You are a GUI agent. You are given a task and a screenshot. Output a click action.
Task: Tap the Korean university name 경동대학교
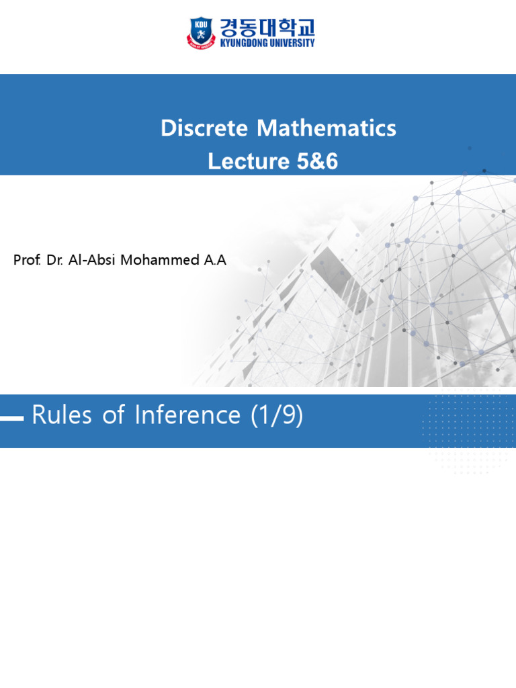click(x=265, y=28)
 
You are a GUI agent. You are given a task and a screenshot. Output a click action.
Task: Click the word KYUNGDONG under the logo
click(x=243, y=43)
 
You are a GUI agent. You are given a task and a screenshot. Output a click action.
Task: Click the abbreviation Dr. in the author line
click(x=56, y=261)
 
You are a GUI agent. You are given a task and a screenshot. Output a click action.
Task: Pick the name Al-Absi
click(x=93, y=261)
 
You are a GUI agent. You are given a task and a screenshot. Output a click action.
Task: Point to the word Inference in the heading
click(x=187, y=416)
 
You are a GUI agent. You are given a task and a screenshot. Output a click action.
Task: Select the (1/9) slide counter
click(x=276, y=416)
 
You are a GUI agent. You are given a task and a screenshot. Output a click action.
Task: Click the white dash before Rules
click(x=11, y=418)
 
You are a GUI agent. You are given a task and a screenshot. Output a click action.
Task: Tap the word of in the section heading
click(x=114, y=416)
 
